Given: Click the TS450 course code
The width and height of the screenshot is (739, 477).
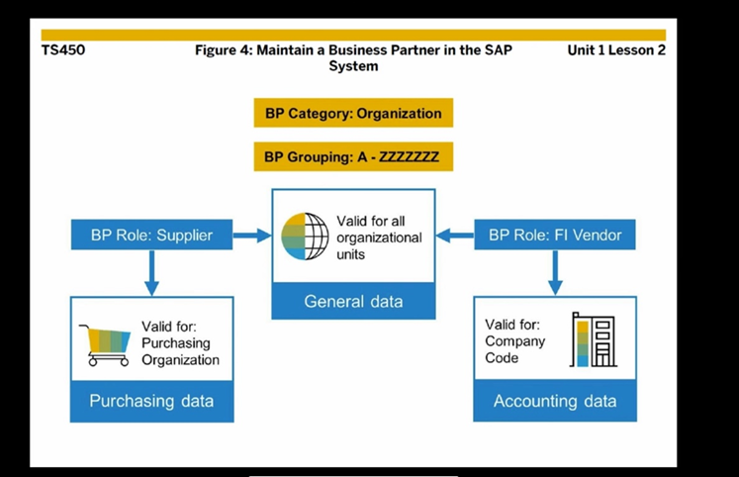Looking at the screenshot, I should point(63,50).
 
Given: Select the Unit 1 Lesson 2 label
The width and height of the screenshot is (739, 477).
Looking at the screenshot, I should point(616,50).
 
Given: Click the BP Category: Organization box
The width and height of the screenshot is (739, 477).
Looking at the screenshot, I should point(353,113).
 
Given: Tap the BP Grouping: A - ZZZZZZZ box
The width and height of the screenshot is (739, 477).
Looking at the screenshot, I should point(353,156).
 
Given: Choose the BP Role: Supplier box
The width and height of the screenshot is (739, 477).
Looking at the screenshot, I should point(150,236).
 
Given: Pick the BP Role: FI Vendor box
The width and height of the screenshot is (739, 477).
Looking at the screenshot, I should point(556,236).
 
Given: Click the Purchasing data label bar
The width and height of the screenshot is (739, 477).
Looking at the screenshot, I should point(151,401).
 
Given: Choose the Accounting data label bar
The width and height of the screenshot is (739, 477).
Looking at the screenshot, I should point(555,401).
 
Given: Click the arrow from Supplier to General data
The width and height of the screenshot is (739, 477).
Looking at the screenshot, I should point(251,236).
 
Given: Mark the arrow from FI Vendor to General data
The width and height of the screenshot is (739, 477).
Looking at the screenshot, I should point(455,236).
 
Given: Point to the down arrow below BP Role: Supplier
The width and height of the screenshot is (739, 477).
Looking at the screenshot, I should point(151,272).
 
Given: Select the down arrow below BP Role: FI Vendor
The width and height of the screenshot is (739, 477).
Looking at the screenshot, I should point(556,272).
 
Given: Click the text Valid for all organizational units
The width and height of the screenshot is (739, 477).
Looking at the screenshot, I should point(378,238).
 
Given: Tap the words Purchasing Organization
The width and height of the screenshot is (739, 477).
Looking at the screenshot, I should point(180,351).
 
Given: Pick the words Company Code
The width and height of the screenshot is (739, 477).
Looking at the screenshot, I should point(514,349).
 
